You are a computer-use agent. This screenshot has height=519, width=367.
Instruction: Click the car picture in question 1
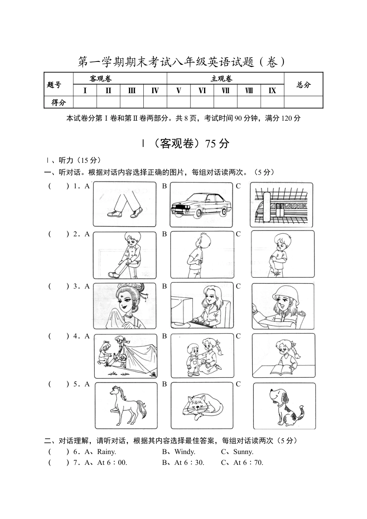pyautogui.click(x=202, y=205)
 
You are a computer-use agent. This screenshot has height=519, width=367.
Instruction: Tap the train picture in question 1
pyautogui.click(x=281, y=205)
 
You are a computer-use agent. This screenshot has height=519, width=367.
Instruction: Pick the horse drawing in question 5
pyautogui.click(x=126, y=405)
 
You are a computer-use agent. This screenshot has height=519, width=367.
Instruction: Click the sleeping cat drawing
pyautogui.click(x=202, y=405)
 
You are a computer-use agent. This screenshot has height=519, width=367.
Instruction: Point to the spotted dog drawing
pyautogui.click(x=284, y=406)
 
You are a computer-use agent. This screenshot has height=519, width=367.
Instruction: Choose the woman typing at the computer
pyautogui.click(x=202, y=305)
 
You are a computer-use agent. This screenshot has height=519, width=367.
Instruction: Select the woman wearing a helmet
pyautogui.click(x=283, y=306)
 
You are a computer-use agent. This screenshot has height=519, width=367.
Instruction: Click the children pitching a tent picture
pyautogui.click(x=126, y=356)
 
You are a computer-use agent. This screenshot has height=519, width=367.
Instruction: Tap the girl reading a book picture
pyautogui.click(x=283, y=355)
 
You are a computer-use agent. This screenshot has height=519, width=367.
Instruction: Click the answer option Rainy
pyautogui.click(x=106, y=452)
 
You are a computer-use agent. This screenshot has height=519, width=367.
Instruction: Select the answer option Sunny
pyautogui.click(x=243, y=452)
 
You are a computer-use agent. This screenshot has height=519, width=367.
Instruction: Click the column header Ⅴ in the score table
pyautogui.click(x=178, y=90)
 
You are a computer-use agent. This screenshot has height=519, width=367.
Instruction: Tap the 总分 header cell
pyautogui.click(x=304, y=85)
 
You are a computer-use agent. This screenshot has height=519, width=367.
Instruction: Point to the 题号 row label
pyautogui.click(x=54, y=85)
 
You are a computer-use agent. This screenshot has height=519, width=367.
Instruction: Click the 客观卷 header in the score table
pyautogui.click(x=100, y=79)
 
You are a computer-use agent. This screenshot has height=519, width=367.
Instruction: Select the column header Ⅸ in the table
pyautogui.click(x=272, y=90)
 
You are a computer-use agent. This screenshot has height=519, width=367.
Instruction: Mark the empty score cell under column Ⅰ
pyautogui.click(x=85, y=102)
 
